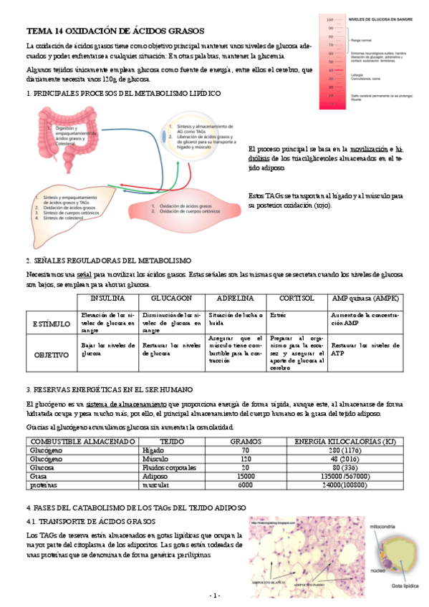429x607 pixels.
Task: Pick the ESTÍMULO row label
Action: pos(49,324)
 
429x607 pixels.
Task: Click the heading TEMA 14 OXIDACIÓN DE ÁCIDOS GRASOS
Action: pos(115,31)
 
